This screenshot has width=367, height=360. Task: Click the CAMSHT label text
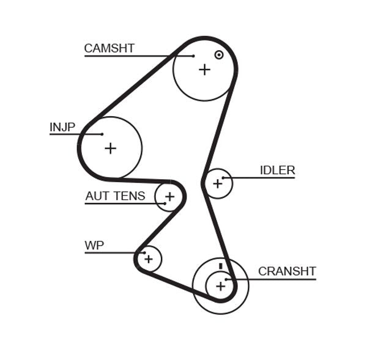click(109, 48)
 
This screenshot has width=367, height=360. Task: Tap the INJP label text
click(62, 127)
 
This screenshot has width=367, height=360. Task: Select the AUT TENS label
click(115, 196)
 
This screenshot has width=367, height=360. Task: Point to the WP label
click(94, 246)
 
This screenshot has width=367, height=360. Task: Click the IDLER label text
click(277, 171)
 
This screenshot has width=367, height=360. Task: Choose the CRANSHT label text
click(287, 271)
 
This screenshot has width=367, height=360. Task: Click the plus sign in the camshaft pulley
click(204, 70)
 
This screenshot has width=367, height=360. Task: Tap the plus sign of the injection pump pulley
click(110, 148)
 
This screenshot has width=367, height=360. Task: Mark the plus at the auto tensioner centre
click(169, 197)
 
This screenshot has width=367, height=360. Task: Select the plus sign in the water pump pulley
click(149, 259)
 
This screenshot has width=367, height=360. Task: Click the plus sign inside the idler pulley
click(217, 183)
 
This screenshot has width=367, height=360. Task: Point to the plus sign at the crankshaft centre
click(220, 285)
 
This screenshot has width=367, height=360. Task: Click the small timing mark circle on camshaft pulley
click(218, 54)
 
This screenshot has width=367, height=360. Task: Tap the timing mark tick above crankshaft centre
click(220, 266)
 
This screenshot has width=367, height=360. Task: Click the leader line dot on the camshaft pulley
click(193, 56)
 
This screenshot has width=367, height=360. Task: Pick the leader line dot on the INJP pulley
click(102, 134)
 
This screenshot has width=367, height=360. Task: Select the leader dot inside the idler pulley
click(224, 178)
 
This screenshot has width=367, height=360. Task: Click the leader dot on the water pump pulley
click(143, 252)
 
